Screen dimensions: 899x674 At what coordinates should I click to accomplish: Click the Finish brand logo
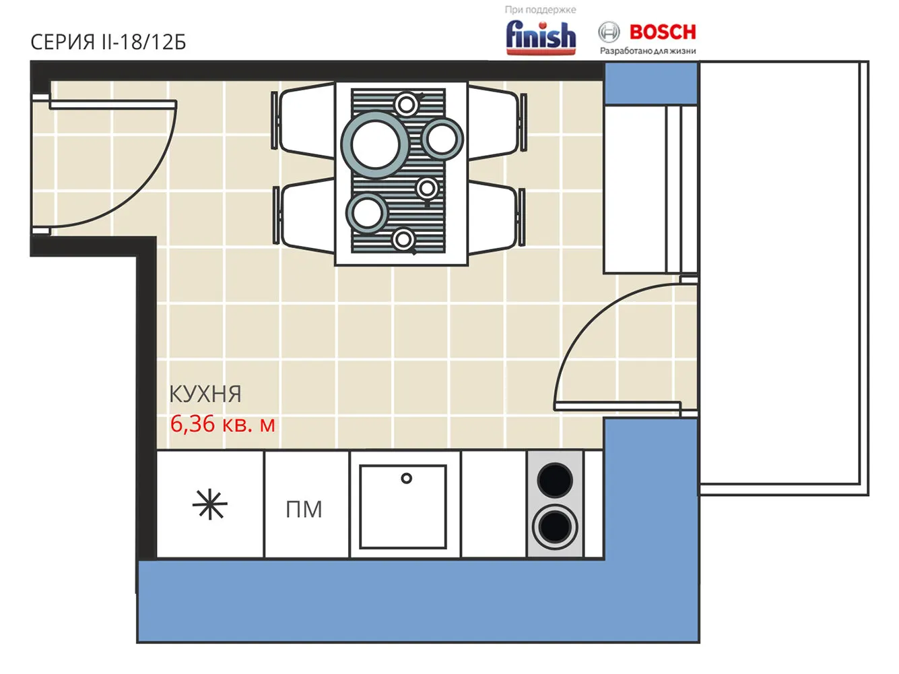click(541, 37)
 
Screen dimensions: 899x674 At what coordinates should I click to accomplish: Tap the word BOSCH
click(663, 32)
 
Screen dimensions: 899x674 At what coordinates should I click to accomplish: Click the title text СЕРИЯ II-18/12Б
click(108, 42)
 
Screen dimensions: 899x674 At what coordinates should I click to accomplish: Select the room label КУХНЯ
click(205, 394)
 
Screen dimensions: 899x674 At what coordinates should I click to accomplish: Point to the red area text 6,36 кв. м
click(222, 424)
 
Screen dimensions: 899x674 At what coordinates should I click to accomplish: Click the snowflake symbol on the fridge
click(209, 504)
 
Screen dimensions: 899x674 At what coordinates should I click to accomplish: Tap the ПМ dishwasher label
click(304, 510)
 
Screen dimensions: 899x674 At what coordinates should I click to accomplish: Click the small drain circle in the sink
click(406, 478)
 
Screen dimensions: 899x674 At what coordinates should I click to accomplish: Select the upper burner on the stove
click(555, 480)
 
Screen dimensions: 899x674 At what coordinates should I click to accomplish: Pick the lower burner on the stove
click(555, 527)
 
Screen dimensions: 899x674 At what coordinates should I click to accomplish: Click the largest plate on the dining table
click(375, 146)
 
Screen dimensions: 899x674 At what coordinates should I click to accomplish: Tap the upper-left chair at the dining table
click(304, 120)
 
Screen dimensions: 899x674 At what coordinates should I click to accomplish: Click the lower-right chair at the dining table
click(496, 216)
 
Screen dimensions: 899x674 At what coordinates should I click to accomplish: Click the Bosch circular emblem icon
click(609, 32)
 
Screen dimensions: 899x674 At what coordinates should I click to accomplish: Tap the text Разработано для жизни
click(648, 51)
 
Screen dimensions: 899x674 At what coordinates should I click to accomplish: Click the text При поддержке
click(540, 9)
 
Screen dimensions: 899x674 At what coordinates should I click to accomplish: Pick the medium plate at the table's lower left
click(367, 214)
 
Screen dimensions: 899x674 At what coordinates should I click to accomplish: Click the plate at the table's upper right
click(442, 139)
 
